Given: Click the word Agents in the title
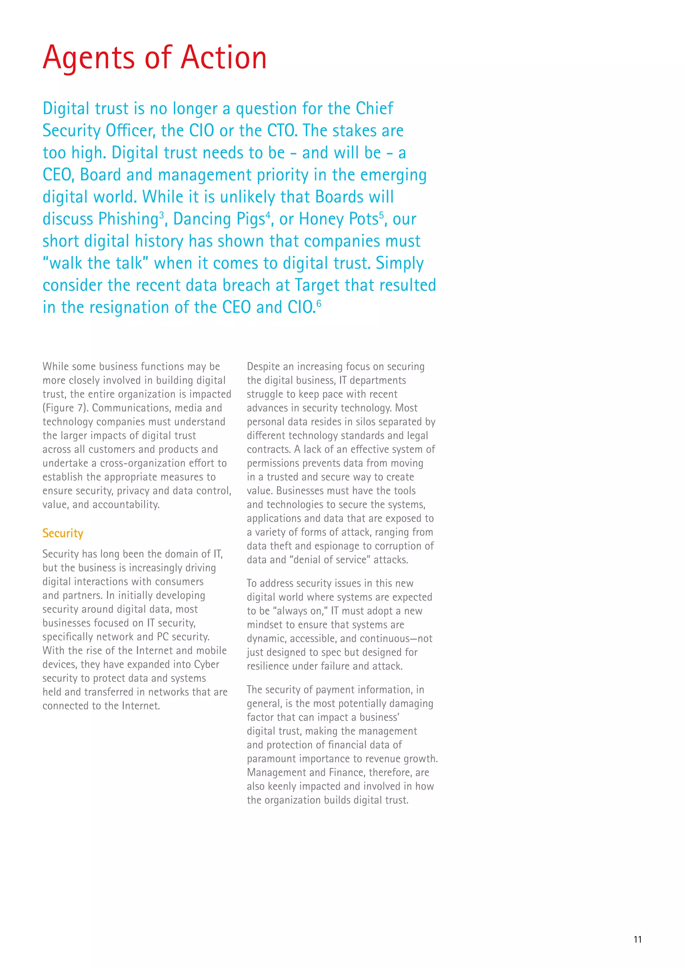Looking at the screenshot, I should [89, 58].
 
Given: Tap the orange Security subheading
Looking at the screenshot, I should [63, 533].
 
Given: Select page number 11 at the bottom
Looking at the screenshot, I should [637, 939].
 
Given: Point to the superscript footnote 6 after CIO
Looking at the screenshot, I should [319, 303].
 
